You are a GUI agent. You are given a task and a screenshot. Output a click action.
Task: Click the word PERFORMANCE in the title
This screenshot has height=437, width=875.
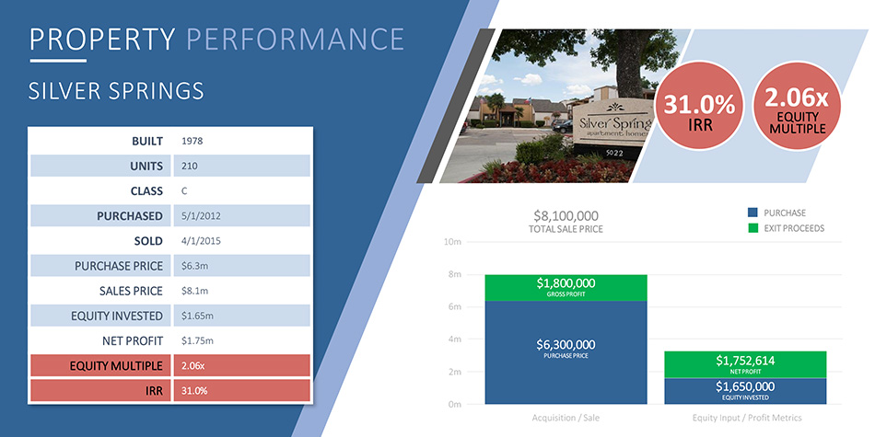295,39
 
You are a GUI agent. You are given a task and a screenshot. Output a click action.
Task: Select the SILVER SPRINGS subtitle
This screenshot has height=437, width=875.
116,91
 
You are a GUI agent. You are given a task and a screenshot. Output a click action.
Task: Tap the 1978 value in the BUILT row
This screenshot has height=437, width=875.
192,141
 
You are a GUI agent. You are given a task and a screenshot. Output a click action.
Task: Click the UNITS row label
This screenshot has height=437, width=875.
146,167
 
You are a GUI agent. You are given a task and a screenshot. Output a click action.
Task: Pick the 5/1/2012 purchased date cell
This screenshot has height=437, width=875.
201,215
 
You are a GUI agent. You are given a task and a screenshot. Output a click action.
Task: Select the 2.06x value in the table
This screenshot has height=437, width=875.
193,366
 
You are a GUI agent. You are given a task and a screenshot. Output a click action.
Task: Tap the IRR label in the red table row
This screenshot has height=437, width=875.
153,391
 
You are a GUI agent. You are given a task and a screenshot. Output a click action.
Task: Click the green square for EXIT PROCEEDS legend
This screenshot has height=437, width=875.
752,228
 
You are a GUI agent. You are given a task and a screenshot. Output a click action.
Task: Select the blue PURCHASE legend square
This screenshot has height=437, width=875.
752,213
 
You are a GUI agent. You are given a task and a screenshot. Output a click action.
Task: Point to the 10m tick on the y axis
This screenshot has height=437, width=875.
454,243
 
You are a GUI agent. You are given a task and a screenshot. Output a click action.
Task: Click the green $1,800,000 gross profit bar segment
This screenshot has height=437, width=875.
566,288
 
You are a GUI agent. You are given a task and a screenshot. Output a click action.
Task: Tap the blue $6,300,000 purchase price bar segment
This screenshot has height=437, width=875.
566,352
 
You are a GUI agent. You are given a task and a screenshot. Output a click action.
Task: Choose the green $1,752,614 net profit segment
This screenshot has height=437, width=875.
745,364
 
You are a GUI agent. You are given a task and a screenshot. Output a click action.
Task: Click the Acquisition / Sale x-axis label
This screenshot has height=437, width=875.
566,418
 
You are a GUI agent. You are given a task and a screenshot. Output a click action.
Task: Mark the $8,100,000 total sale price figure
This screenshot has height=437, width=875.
566,215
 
